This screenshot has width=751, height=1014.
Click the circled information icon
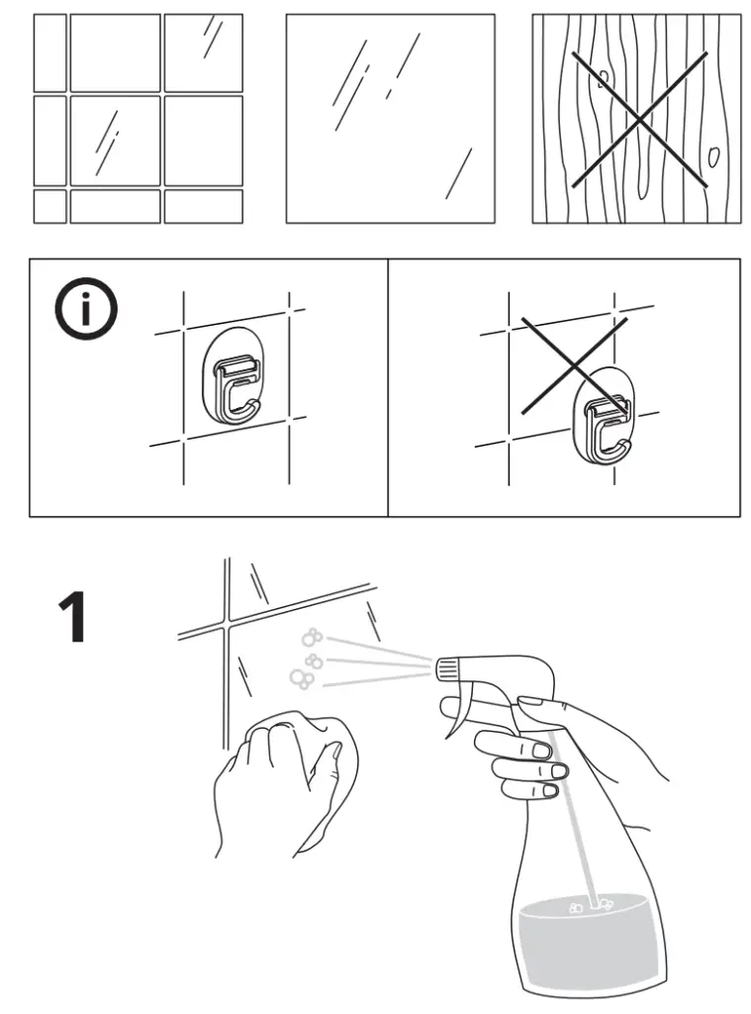point(85,310)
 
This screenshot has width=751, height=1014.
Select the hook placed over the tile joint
point(604,416)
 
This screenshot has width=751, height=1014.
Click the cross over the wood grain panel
point(638,119)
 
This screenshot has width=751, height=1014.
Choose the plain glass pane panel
point(390,119)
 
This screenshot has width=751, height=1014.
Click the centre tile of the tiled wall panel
point(115,140)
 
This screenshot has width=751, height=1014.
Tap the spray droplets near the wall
point(309,659)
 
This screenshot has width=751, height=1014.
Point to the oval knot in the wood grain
point(712,155)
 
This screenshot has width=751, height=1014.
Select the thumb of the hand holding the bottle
point(529,704)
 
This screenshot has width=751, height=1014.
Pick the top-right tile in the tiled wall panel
point(204,52)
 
